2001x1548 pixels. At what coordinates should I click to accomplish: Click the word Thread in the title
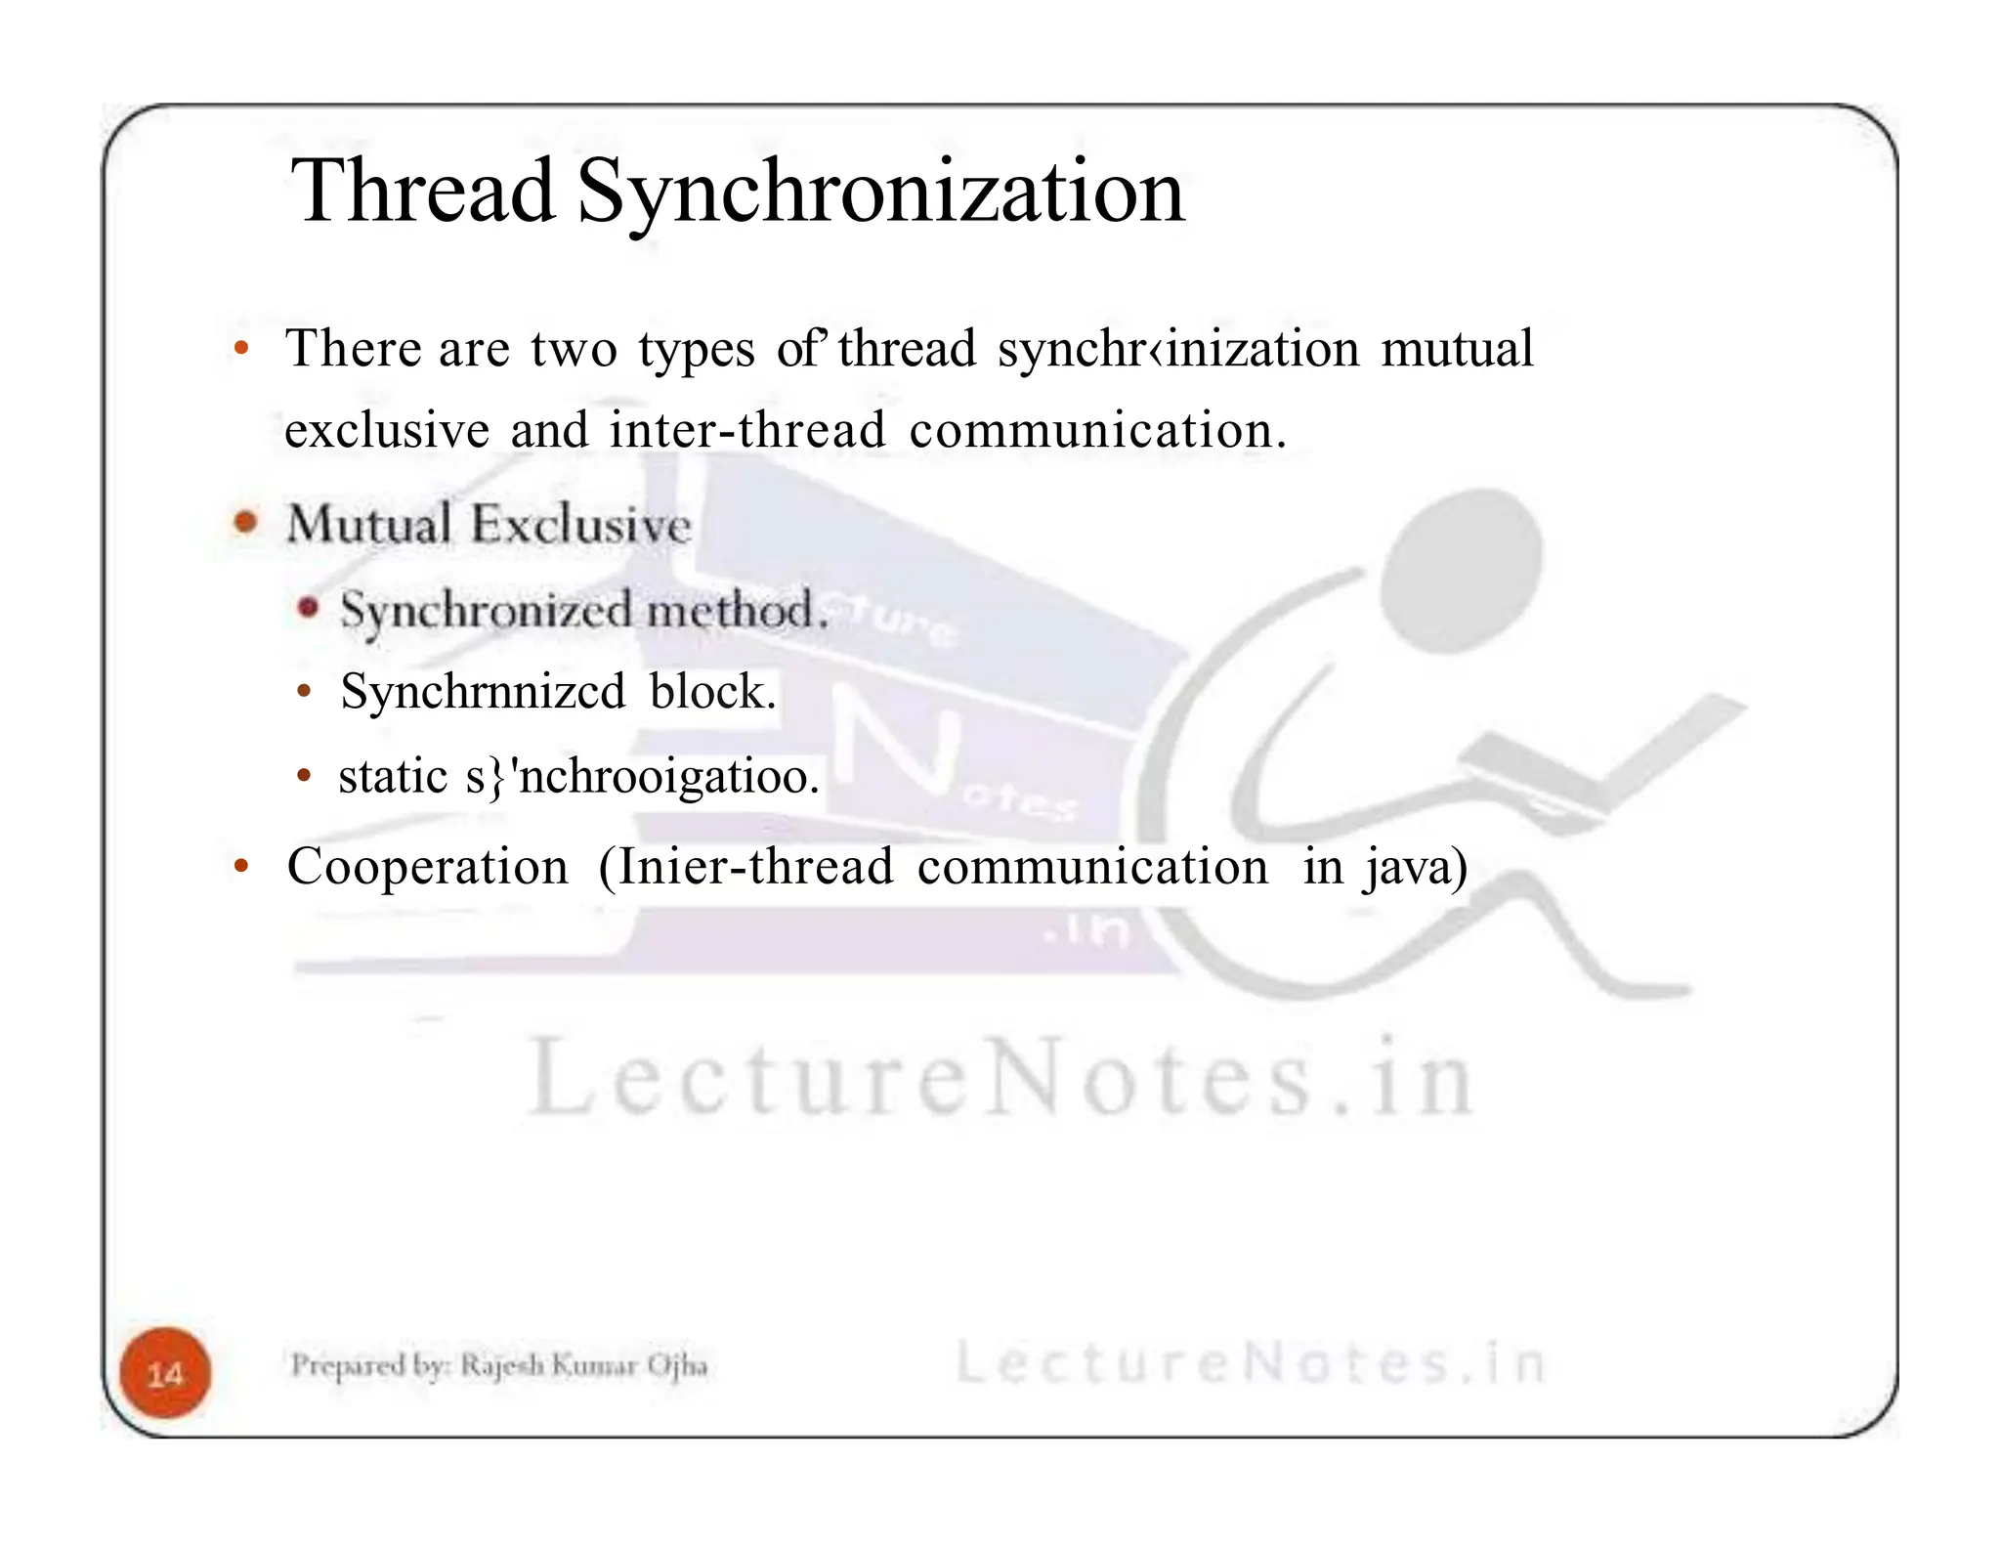pos(422,192)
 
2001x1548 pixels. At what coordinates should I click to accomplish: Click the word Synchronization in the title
pos(880,193)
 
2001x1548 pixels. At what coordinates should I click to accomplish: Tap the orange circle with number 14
pos(165,1373)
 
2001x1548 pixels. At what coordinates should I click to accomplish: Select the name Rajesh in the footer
pos(503,1365)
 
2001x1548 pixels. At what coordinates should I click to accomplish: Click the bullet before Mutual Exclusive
pos(245,522)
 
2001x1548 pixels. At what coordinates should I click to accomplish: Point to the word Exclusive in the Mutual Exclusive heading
pos(581,525)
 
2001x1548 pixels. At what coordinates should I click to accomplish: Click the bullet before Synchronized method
pos(308,608)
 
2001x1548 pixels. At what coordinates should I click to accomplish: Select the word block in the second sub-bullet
pos(712,692)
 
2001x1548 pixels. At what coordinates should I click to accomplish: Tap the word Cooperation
pos(427,867)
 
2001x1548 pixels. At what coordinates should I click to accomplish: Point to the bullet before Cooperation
pos(240,866)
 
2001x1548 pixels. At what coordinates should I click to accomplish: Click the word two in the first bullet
pos(574,349)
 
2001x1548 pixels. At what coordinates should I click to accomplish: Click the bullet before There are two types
pos(240,348)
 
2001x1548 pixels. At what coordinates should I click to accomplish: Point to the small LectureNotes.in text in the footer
pos(1250,1362)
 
